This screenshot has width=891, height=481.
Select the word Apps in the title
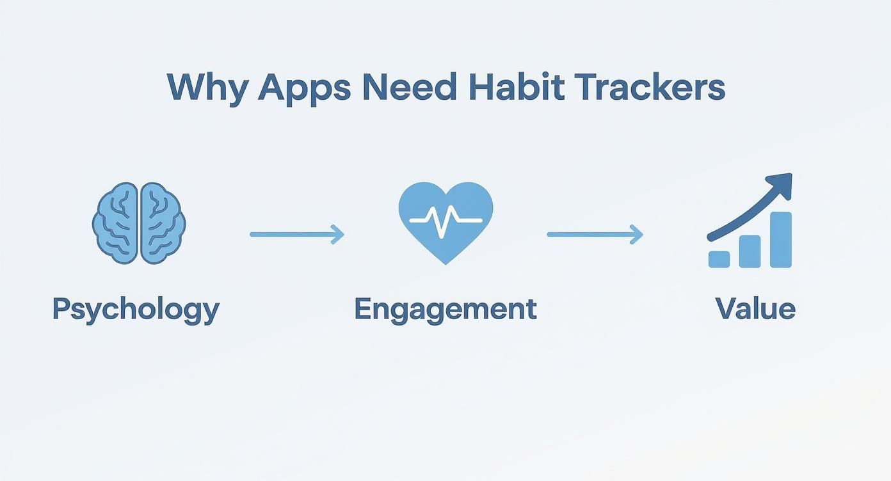(x=304, y=88)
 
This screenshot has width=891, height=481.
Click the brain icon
(x=139, y=223)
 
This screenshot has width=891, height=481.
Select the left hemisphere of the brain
(x=116, y=223)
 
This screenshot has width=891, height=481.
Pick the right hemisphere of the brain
(x=162, y=223)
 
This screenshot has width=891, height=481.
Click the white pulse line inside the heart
(x=445, y=221)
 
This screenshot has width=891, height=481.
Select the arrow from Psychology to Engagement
(x=296, y=235)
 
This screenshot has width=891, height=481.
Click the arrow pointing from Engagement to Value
(x=594, y=235)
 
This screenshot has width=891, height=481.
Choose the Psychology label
(x=136, y=310)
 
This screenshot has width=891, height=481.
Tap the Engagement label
(x=445, y=309)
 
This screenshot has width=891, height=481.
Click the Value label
(x=755, y=309)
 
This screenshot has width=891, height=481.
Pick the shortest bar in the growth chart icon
(x=719, y=258)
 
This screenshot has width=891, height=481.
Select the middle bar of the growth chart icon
(x=750, y=251)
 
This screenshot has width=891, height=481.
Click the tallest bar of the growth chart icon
(x=781, y=239)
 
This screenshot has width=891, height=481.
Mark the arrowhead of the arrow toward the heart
(x=338, y=235)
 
